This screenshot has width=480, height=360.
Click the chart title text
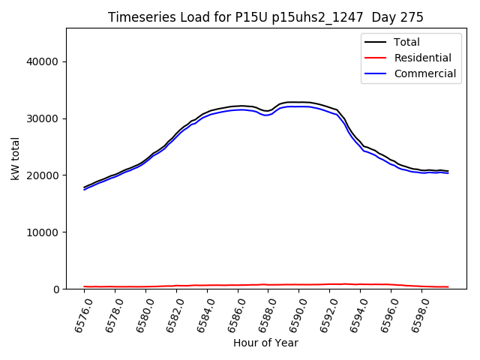[x=265, y=17]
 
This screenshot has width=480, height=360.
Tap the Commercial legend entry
[x=425, y=73]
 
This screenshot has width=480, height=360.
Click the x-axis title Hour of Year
[x=265, y=343]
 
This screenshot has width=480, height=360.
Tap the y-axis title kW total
[x=15, y=159]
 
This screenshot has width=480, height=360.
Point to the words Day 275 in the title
[x=400, y=17]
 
